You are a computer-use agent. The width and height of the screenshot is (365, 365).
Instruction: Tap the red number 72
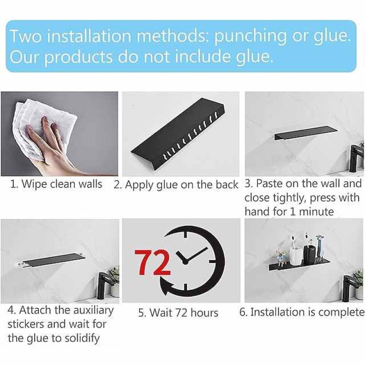tap(152, 262)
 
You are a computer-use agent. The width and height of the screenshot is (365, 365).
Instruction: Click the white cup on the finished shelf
tap(296, 255)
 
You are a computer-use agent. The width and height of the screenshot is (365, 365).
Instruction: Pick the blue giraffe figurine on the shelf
tap(319, 246)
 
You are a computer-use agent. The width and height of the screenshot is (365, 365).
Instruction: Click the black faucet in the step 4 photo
tap(103, 284)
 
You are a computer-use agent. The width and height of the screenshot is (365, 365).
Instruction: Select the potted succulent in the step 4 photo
tap(115, 281)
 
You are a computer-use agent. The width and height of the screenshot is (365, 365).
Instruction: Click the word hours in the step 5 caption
tap(204, 313)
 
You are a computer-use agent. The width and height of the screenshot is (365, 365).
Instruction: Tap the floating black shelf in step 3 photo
tap(306, 133)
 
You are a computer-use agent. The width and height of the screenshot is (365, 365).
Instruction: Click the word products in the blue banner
tap(78, 57)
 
